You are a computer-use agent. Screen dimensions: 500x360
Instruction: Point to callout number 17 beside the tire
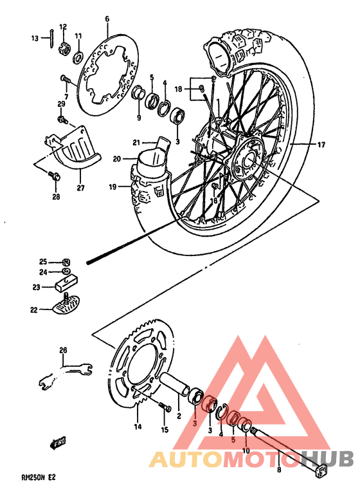click(321, 145)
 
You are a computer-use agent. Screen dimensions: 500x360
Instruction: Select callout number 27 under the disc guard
click(80, 189)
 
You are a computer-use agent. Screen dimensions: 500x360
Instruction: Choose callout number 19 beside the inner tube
click(112, 187)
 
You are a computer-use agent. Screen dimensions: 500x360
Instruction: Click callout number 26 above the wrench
click(63, 350)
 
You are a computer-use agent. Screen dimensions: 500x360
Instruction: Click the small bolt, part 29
click(62, 119)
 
